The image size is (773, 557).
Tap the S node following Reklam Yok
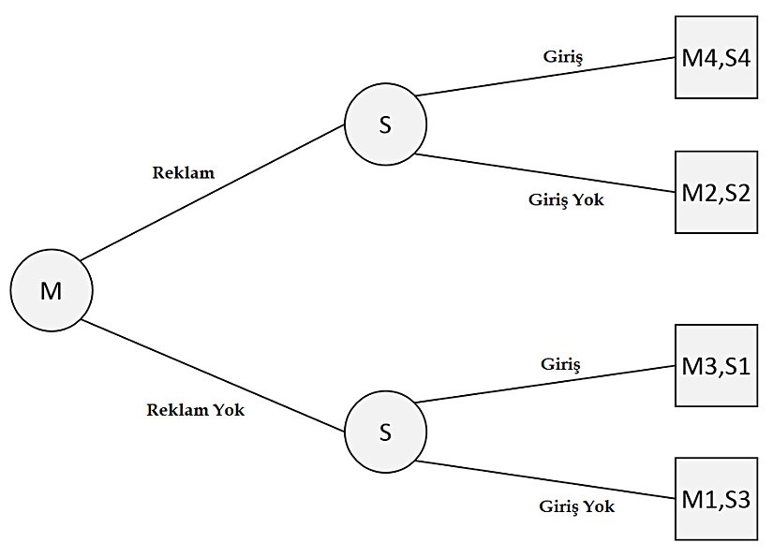385,432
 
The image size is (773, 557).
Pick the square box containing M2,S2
716,194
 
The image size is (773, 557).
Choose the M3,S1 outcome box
716,365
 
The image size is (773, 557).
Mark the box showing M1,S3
716,498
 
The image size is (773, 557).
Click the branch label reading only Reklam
183,172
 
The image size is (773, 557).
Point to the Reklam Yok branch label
196,410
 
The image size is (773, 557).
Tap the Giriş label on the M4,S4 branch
563,57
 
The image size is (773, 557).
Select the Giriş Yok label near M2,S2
566,198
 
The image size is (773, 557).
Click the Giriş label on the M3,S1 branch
561,363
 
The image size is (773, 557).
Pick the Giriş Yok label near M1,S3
576,506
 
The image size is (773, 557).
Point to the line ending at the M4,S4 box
545,77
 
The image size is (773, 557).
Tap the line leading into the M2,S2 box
545,175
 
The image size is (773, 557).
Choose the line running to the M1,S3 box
545,479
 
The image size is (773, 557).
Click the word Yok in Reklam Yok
228,410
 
